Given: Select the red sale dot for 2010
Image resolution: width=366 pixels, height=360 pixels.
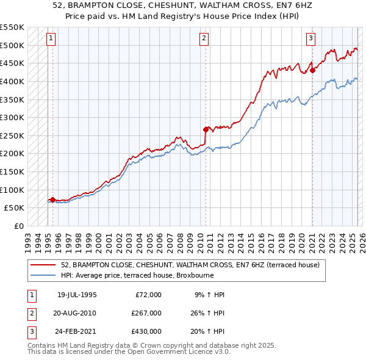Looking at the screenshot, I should [x=206, y=129].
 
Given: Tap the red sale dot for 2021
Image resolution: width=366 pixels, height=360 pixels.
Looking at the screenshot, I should [x=312, y=70].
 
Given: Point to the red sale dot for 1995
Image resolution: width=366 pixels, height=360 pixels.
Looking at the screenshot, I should [x=52, y=200].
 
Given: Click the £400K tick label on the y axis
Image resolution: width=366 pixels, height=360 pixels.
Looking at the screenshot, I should [x=12, y=81].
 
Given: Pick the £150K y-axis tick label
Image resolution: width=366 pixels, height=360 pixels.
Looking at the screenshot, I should [x=12, y=172].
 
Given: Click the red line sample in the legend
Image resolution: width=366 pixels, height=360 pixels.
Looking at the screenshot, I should [x=43, y=265].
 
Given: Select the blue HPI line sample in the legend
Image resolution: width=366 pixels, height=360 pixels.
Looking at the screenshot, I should [x=43, y=275].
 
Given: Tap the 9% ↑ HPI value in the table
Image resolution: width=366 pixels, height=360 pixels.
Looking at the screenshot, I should [x=209, y=294].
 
